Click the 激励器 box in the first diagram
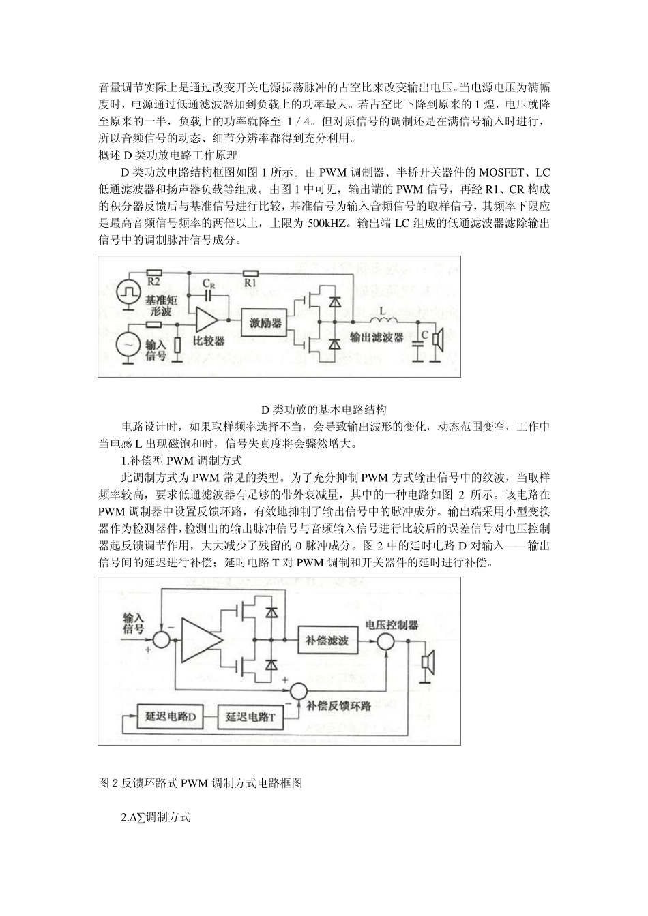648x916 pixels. (267, 323)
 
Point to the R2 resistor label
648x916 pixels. (153, 280)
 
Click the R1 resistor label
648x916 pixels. (250, 280)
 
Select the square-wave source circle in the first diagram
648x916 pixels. (128, 292)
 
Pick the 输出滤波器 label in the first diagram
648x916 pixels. (377, 337)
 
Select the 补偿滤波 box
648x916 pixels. (328, 641)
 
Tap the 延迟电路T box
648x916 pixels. (250, 718)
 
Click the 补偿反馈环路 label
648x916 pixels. (339, 706)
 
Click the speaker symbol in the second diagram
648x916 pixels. (428, 661)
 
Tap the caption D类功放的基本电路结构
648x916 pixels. (324, 410)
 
